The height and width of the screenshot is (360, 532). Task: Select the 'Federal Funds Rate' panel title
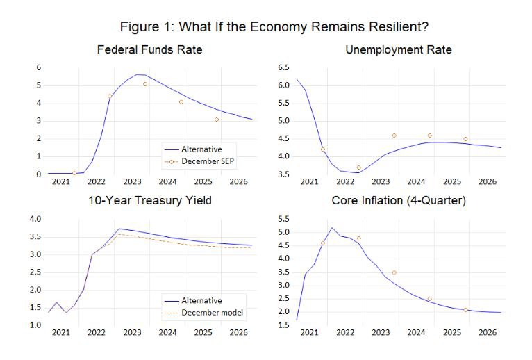pyautogui.click(x=149, y=50)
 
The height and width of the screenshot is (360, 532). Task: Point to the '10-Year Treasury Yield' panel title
pyautogui.click(x=149, y=202)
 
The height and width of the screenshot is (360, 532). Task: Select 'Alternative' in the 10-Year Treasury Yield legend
pyautogui.click(x=201, y=300)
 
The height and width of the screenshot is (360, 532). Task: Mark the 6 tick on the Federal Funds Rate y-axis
pyautogui.click(x=40, y=67)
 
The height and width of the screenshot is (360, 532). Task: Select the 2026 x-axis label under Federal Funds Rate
pyautogui.click(x=240, y=182)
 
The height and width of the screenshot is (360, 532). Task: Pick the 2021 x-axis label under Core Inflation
pyautogui.click(x=308, y=333)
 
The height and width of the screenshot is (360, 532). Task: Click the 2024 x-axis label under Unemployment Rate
pyautogui.click(x=416, y=182)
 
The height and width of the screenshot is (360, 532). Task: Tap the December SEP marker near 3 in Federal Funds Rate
pyautogui.click(x=217, y=120)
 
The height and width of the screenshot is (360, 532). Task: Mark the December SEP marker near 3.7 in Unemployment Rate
pyautogui.click(x=358, y=167)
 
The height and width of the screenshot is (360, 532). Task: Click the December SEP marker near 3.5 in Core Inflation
pyautogui.click(x=394, y=272)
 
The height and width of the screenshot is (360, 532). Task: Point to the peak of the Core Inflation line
pyautogui.click(x=332, y=228)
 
